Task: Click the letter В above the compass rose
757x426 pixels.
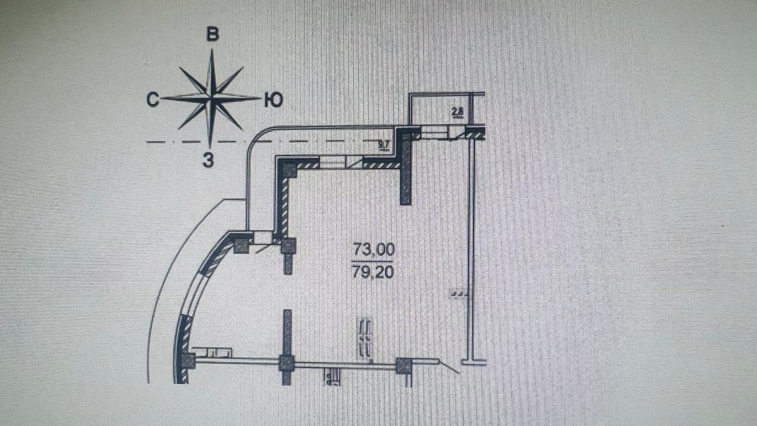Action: click(212, 34)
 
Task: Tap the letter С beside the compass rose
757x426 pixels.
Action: click(153, 101)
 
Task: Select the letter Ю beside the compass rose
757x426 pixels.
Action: click(273, 101)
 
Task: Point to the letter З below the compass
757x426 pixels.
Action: click(208, 160)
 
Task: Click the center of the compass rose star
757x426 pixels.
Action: click(211, 98)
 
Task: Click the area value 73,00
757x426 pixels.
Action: click(374, 249)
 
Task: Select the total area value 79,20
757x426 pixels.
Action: click(374, 273)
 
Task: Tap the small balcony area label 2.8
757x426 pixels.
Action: click(457, 111)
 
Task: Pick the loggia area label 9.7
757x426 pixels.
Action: click(384, 144)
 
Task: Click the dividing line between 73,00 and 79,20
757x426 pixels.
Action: click(374, 261)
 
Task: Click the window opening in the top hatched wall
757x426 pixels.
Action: click(335, 162)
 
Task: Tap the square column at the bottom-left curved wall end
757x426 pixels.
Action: click(187, 360)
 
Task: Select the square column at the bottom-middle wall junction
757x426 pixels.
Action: click(287, 363)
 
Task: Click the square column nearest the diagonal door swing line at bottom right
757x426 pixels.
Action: click(404, 366)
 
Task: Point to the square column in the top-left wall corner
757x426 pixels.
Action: click(289, 169)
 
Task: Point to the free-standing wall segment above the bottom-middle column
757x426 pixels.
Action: click(287, 331)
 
